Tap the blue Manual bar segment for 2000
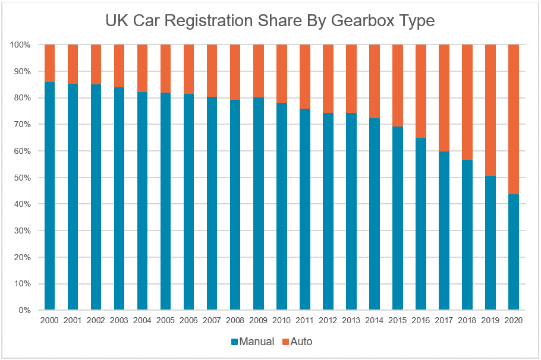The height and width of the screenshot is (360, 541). click(x=49, y=196)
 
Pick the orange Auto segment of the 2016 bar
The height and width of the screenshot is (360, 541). click(x=420, y=91)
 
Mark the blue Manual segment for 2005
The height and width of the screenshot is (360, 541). click(x=165, y=201)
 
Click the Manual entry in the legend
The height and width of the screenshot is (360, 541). click(x=253, y=342)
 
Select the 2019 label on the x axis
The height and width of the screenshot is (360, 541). click(x=490, y=321)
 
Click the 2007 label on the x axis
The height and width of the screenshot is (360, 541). click(x=212, y=321)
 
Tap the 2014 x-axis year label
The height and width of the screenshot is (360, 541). click(x=374, y=321)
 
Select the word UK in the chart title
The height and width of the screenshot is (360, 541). click(x=116, y=21)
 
